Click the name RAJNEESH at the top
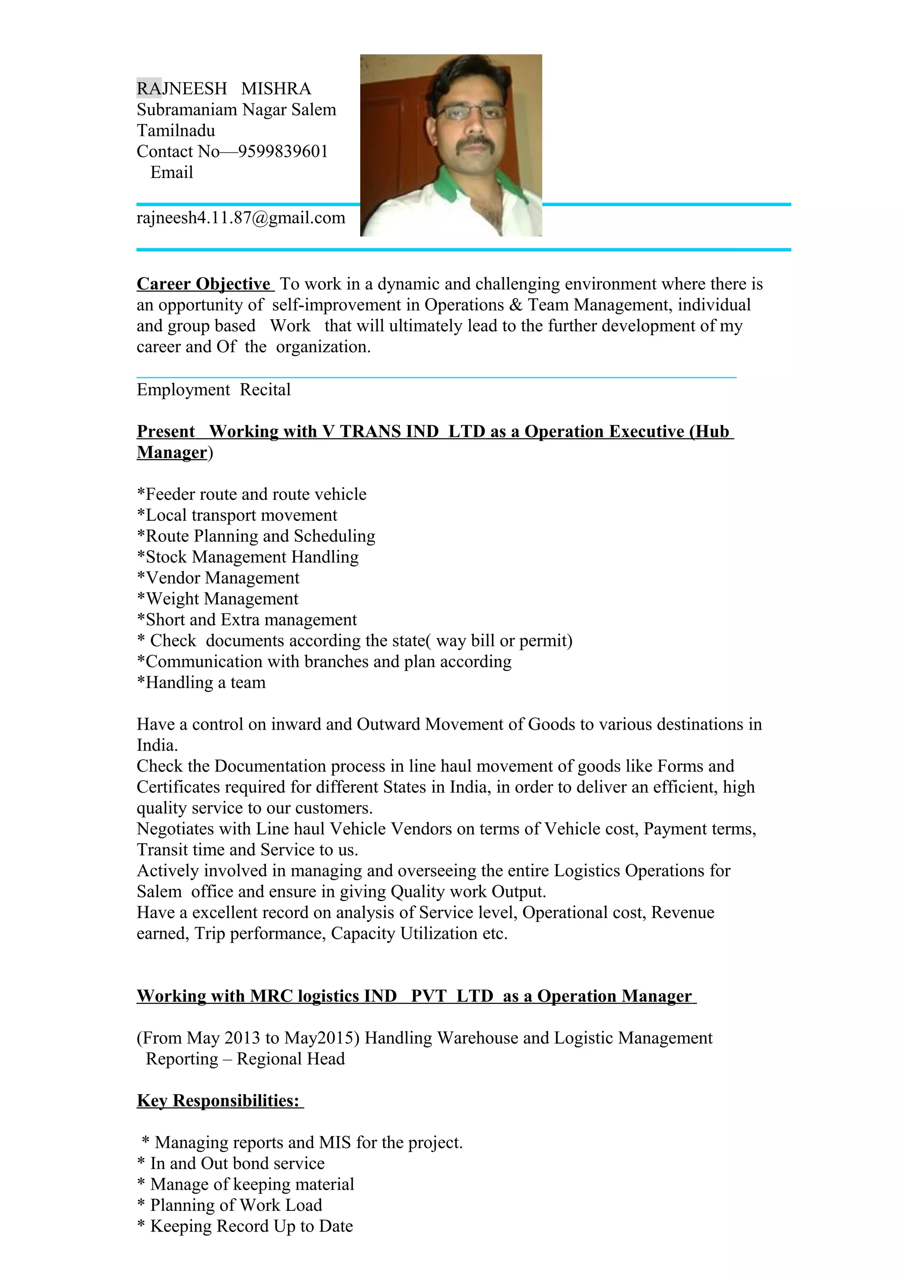pos(182,89)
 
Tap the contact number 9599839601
pos(283,152)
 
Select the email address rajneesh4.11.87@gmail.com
pos(240,218)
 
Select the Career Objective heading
pos(203,284)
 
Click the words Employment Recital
pos(214,390)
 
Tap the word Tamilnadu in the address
pos(176,131)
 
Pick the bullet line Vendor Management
pos(218,579)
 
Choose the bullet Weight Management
pos(218,599)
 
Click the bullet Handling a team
pos(202,683)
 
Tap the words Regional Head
pos(291,1059)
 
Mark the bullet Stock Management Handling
pos(248,557)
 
